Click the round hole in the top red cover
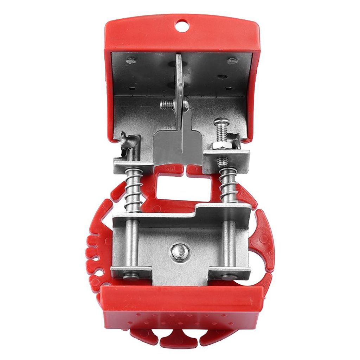pos(182,25)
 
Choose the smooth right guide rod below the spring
pos(229,243)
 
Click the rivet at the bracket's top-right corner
pos(232,61)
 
